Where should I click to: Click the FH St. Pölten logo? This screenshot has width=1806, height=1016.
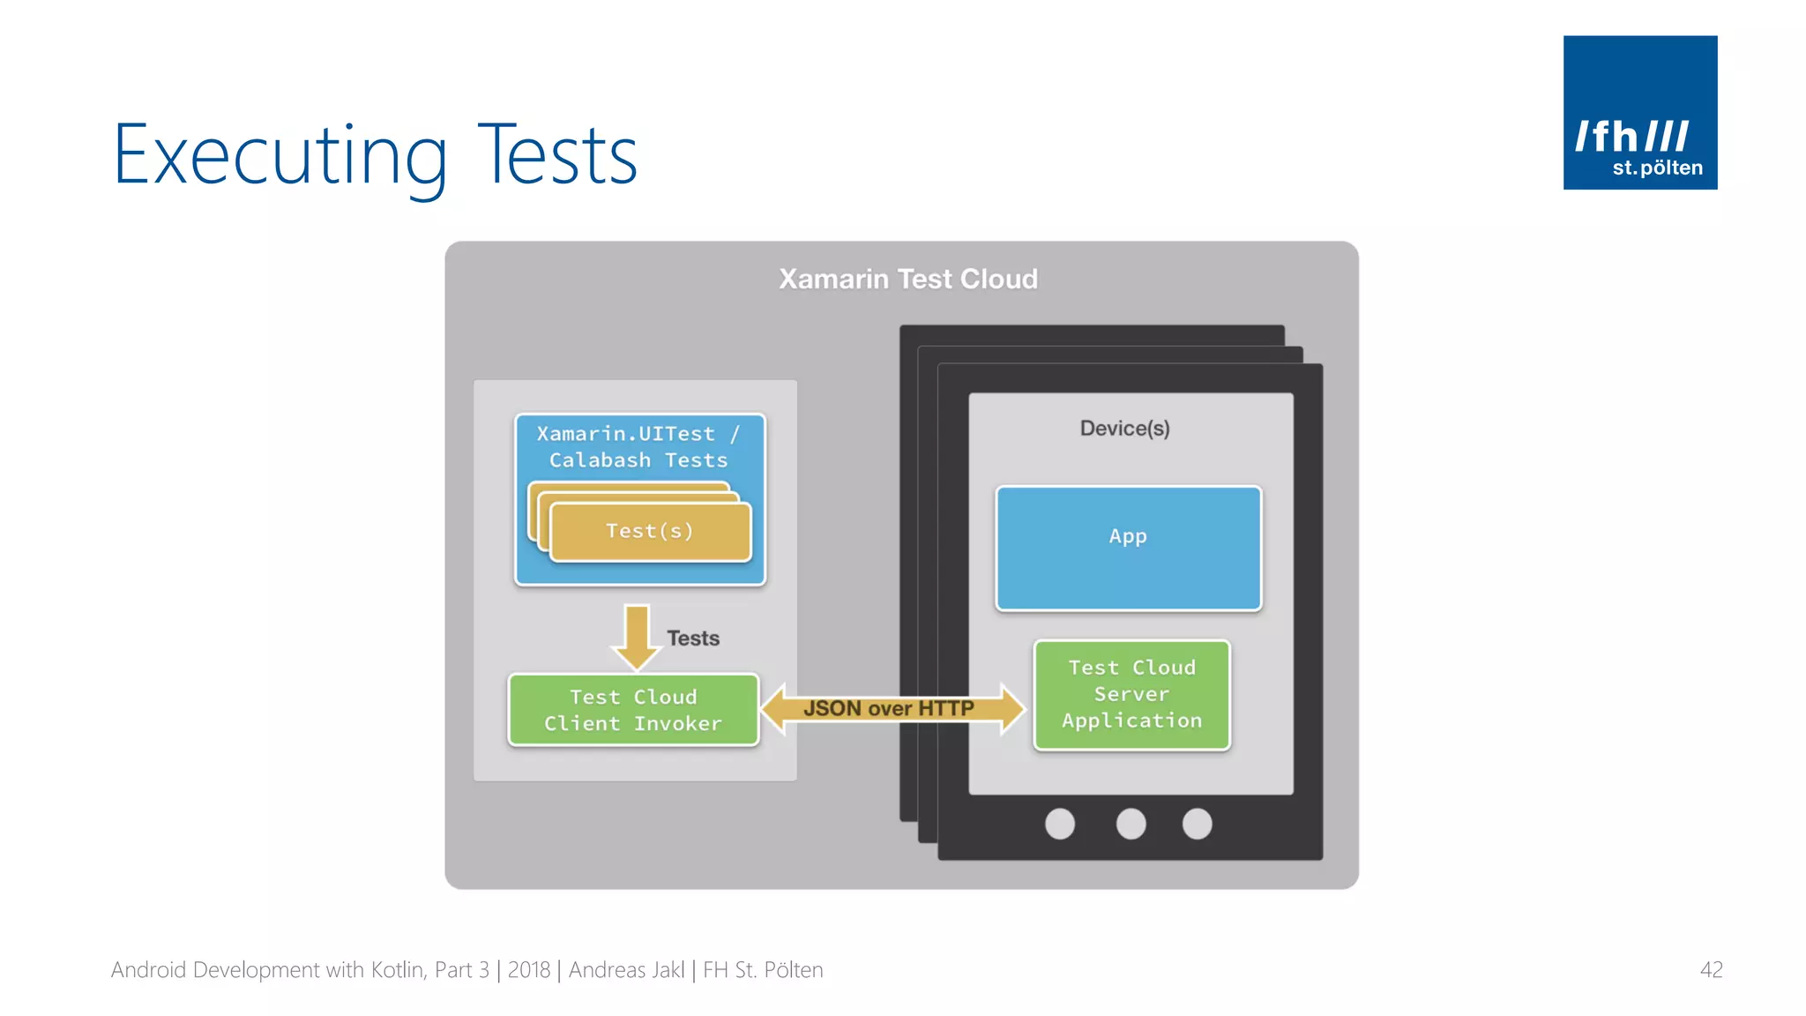pos(1639,112)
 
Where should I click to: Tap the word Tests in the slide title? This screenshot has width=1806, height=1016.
pos(557,155)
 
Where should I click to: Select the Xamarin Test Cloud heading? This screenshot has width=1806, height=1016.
pos(908,279)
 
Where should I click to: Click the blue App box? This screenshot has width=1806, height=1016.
pos(1128,548)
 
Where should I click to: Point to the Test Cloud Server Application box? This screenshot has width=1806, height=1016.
pos(1131,695)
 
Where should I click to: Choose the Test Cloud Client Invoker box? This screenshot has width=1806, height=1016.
pos(633,710)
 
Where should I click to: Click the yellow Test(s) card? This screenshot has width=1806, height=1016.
pos(650,531)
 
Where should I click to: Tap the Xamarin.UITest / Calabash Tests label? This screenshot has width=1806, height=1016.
pos(638,447)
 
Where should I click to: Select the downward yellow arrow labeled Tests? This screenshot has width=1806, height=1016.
pos(637,637)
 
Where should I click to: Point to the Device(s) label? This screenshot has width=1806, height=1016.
pos(1124,429)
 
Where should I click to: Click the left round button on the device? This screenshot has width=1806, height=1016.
pos(1060,824)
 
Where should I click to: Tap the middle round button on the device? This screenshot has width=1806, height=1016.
pos(1131,824)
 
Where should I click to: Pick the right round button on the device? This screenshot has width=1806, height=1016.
pos(1197,824)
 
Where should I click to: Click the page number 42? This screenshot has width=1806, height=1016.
pos(1711,970)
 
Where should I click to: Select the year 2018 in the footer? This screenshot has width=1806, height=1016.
pos(529,970)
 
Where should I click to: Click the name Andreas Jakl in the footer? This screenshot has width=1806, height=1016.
pos(626,970)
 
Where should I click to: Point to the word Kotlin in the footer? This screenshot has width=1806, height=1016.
pos(399,970)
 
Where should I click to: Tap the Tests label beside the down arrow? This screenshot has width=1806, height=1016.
pos(693,639)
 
